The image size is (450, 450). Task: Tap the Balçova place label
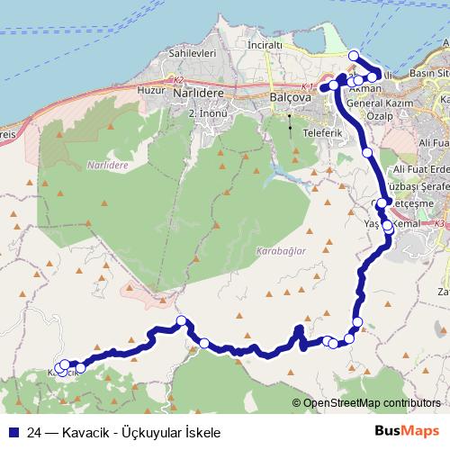290,95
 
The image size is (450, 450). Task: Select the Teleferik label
325,132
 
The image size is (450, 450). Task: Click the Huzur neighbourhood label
147,92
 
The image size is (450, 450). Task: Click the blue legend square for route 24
12,432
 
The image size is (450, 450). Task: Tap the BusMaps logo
407,431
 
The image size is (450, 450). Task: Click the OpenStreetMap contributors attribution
371,402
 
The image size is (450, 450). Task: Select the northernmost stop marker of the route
353,56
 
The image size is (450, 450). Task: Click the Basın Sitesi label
428,71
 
